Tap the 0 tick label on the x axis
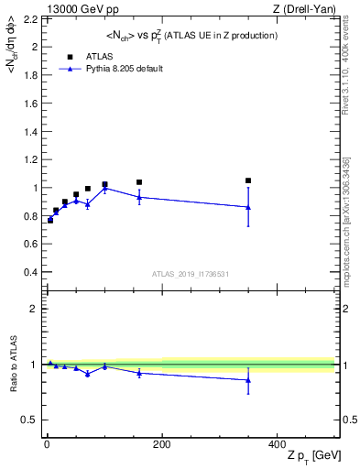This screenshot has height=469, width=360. (47, 444)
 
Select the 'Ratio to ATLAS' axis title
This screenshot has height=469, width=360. (12, 364)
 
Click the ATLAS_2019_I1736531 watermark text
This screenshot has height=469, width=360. (191, 274)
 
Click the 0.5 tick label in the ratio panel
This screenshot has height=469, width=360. (31, 420)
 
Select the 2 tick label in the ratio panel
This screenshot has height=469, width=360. (36, 309)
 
